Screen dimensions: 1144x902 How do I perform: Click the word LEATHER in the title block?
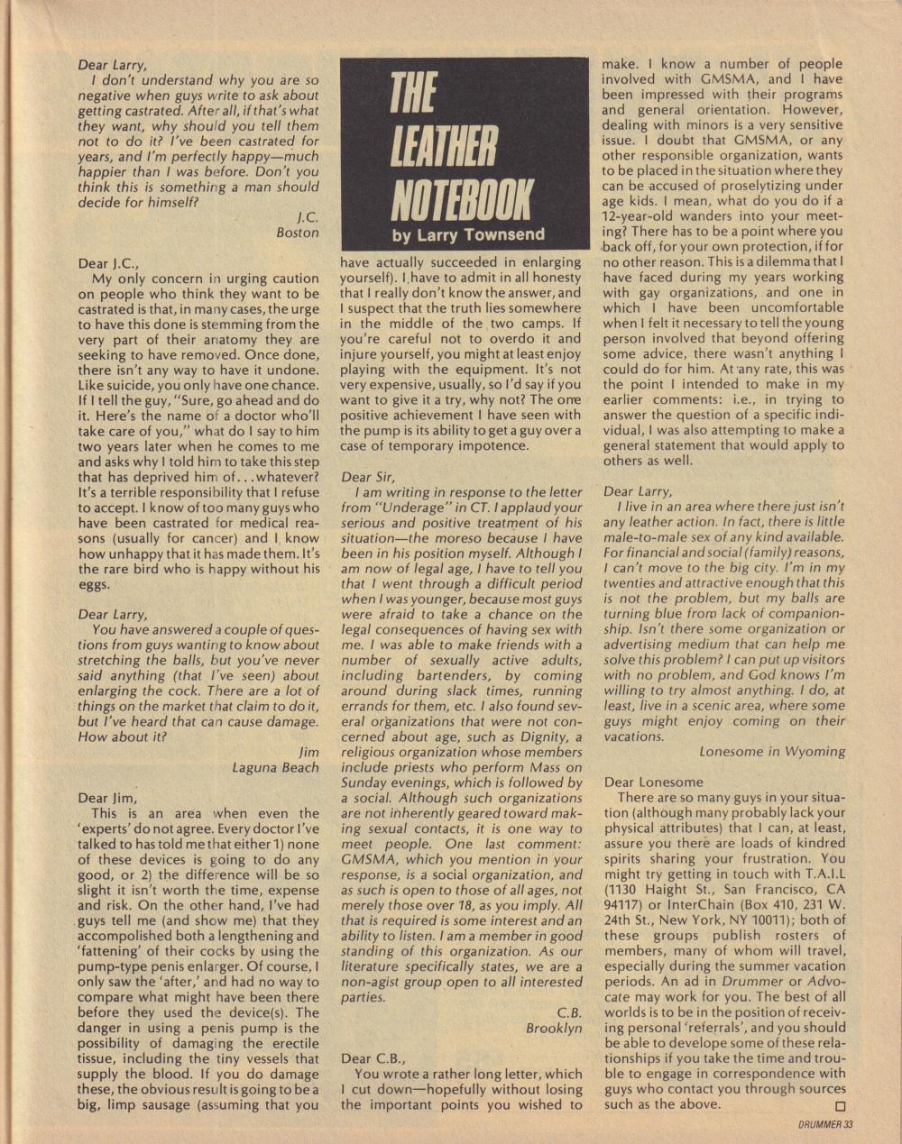pyautogui.click(x=444, y=148)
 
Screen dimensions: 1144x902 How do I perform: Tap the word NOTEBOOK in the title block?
pyautogui.click(x=461, y=200)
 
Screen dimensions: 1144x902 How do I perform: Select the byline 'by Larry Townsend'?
pyautogui.click(x=468, y=235)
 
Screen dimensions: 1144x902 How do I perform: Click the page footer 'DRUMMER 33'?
pyautogui.click(x=825, y=1124)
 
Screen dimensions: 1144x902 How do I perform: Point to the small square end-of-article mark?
pyautogui.click(x=841, y=1106)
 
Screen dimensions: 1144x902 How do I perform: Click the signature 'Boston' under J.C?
pyautogui.click(x=298, y=233)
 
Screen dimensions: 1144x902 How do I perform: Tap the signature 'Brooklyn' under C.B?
pyautogui.click(x=554, y=1028)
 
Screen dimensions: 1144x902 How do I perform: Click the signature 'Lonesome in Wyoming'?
pyautogui.click(x=772, y=751)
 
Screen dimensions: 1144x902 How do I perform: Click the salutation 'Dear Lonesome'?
pyautogui.click(x=653, y=782)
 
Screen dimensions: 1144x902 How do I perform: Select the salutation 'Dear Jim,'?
pyautogui.click(x=107, y=798)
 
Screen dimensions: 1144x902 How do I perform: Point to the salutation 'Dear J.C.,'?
pyautogui.click(x=109, y=263)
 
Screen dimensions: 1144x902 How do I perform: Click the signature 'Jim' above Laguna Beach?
pyautogui.click(x=308, y=752)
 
